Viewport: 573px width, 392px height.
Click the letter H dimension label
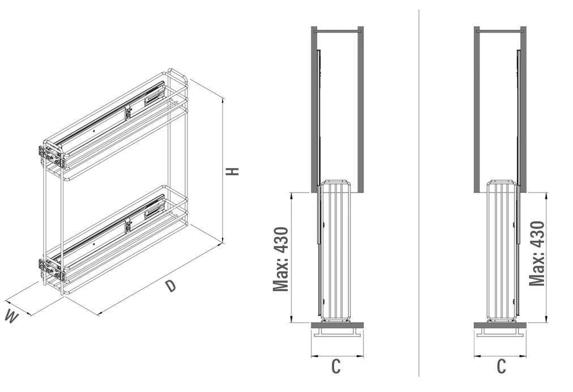(232, 172)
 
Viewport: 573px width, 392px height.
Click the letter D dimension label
(170, 286)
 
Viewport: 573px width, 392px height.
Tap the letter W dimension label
(11, 317)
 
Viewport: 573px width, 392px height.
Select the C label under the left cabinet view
(336, 367)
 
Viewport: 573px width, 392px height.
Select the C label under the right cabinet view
(502, 367)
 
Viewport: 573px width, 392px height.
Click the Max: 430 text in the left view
(281, 259)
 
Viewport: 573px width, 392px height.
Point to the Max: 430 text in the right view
(537, 253)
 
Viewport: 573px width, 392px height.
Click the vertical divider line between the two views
(419, 193)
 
